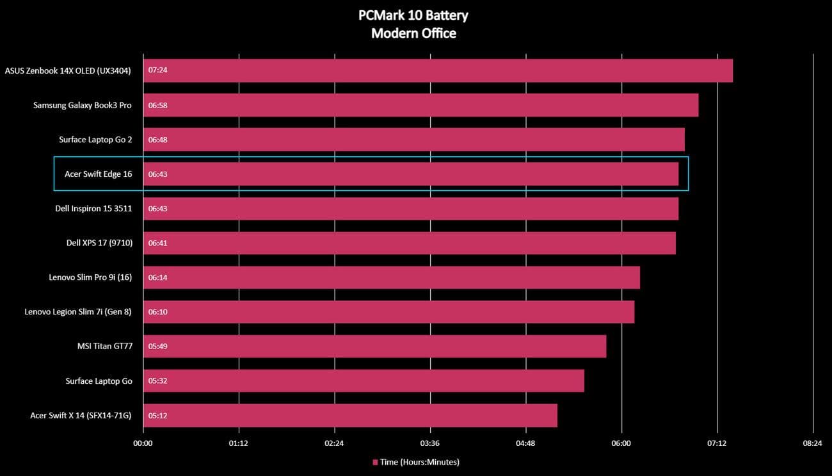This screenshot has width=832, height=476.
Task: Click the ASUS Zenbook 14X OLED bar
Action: pos(438,70)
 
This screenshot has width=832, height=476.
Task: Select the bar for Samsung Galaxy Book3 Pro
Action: pos(420,105)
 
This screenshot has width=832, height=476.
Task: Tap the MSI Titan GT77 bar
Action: pos(374,346)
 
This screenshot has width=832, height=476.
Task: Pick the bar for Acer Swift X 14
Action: pos(350,415)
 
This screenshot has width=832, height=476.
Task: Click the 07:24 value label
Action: pos(157,70)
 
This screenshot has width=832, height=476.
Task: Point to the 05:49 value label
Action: pos(157,346)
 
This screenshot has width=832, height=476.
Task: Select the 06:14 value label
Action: pos(157,277)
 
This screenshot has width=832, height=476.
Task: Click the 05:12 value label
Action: pos(157,415)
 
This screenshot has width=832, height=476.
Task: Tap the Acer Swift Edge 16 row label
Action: pos(98,174)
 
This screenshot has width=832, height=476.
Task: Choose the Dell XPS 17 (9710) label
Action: pos(99,243)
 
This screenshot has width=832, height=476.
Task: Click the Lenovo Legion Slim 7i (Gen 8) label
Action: pos(78,312)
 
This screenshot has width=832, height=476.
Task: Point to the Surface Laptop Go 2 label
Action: pos(95,140)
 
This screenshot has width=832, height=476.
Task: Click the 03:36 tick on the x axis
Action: pos(430,443)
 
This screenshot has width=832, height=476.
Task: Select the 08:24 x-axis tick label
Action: pos(812,443)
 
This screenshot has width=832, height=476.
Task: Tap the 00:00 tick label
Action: pos(143,443)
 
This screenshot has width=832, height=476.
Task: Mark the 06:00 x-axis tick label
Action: pos(621,443)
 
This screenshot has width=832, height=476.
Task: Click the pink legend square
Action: pos(375,462)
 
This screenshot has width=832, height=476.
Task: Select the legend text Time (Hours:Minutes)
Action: pos(419,462)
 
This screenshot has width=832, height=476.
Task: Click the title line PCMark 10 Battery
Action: pos(413,15)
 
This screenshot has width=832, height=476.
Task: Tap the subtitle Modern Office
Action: pos(413,33)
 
